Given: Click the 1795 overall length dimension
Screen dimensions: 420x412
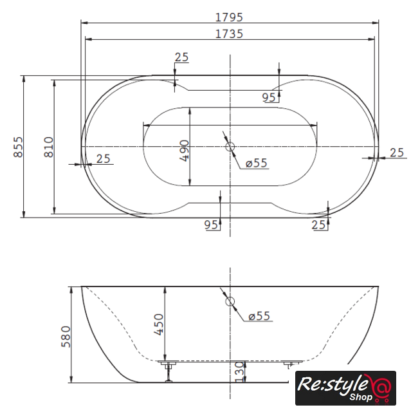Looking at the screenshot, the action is click(229, 17).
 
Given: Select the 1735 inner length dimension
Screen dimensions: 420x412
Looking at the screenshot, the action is click(229, 34).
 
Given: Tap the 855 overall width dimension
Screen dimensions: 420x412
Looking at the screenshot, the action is click(19, 147).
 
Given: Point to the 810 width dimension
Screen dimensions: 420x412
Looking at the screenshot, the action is click(49, 147).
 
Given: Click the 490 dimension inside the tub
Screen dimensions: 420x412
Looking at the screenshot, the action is click(185, 151).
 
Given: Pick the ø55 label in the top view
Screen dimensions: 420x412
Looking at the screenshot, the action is click(257, 163).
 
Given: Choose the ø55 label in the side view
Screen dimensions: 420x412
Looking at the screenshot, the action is click(259, 316).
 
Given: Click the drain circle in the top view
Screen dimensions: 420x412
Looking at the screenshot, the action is click(230, 147).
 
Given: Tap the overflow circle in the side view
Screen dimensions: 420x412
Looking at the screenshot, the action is click(230, 301).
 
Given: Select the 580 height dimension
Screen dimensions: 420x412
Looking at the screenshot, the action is click(66, 337).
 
